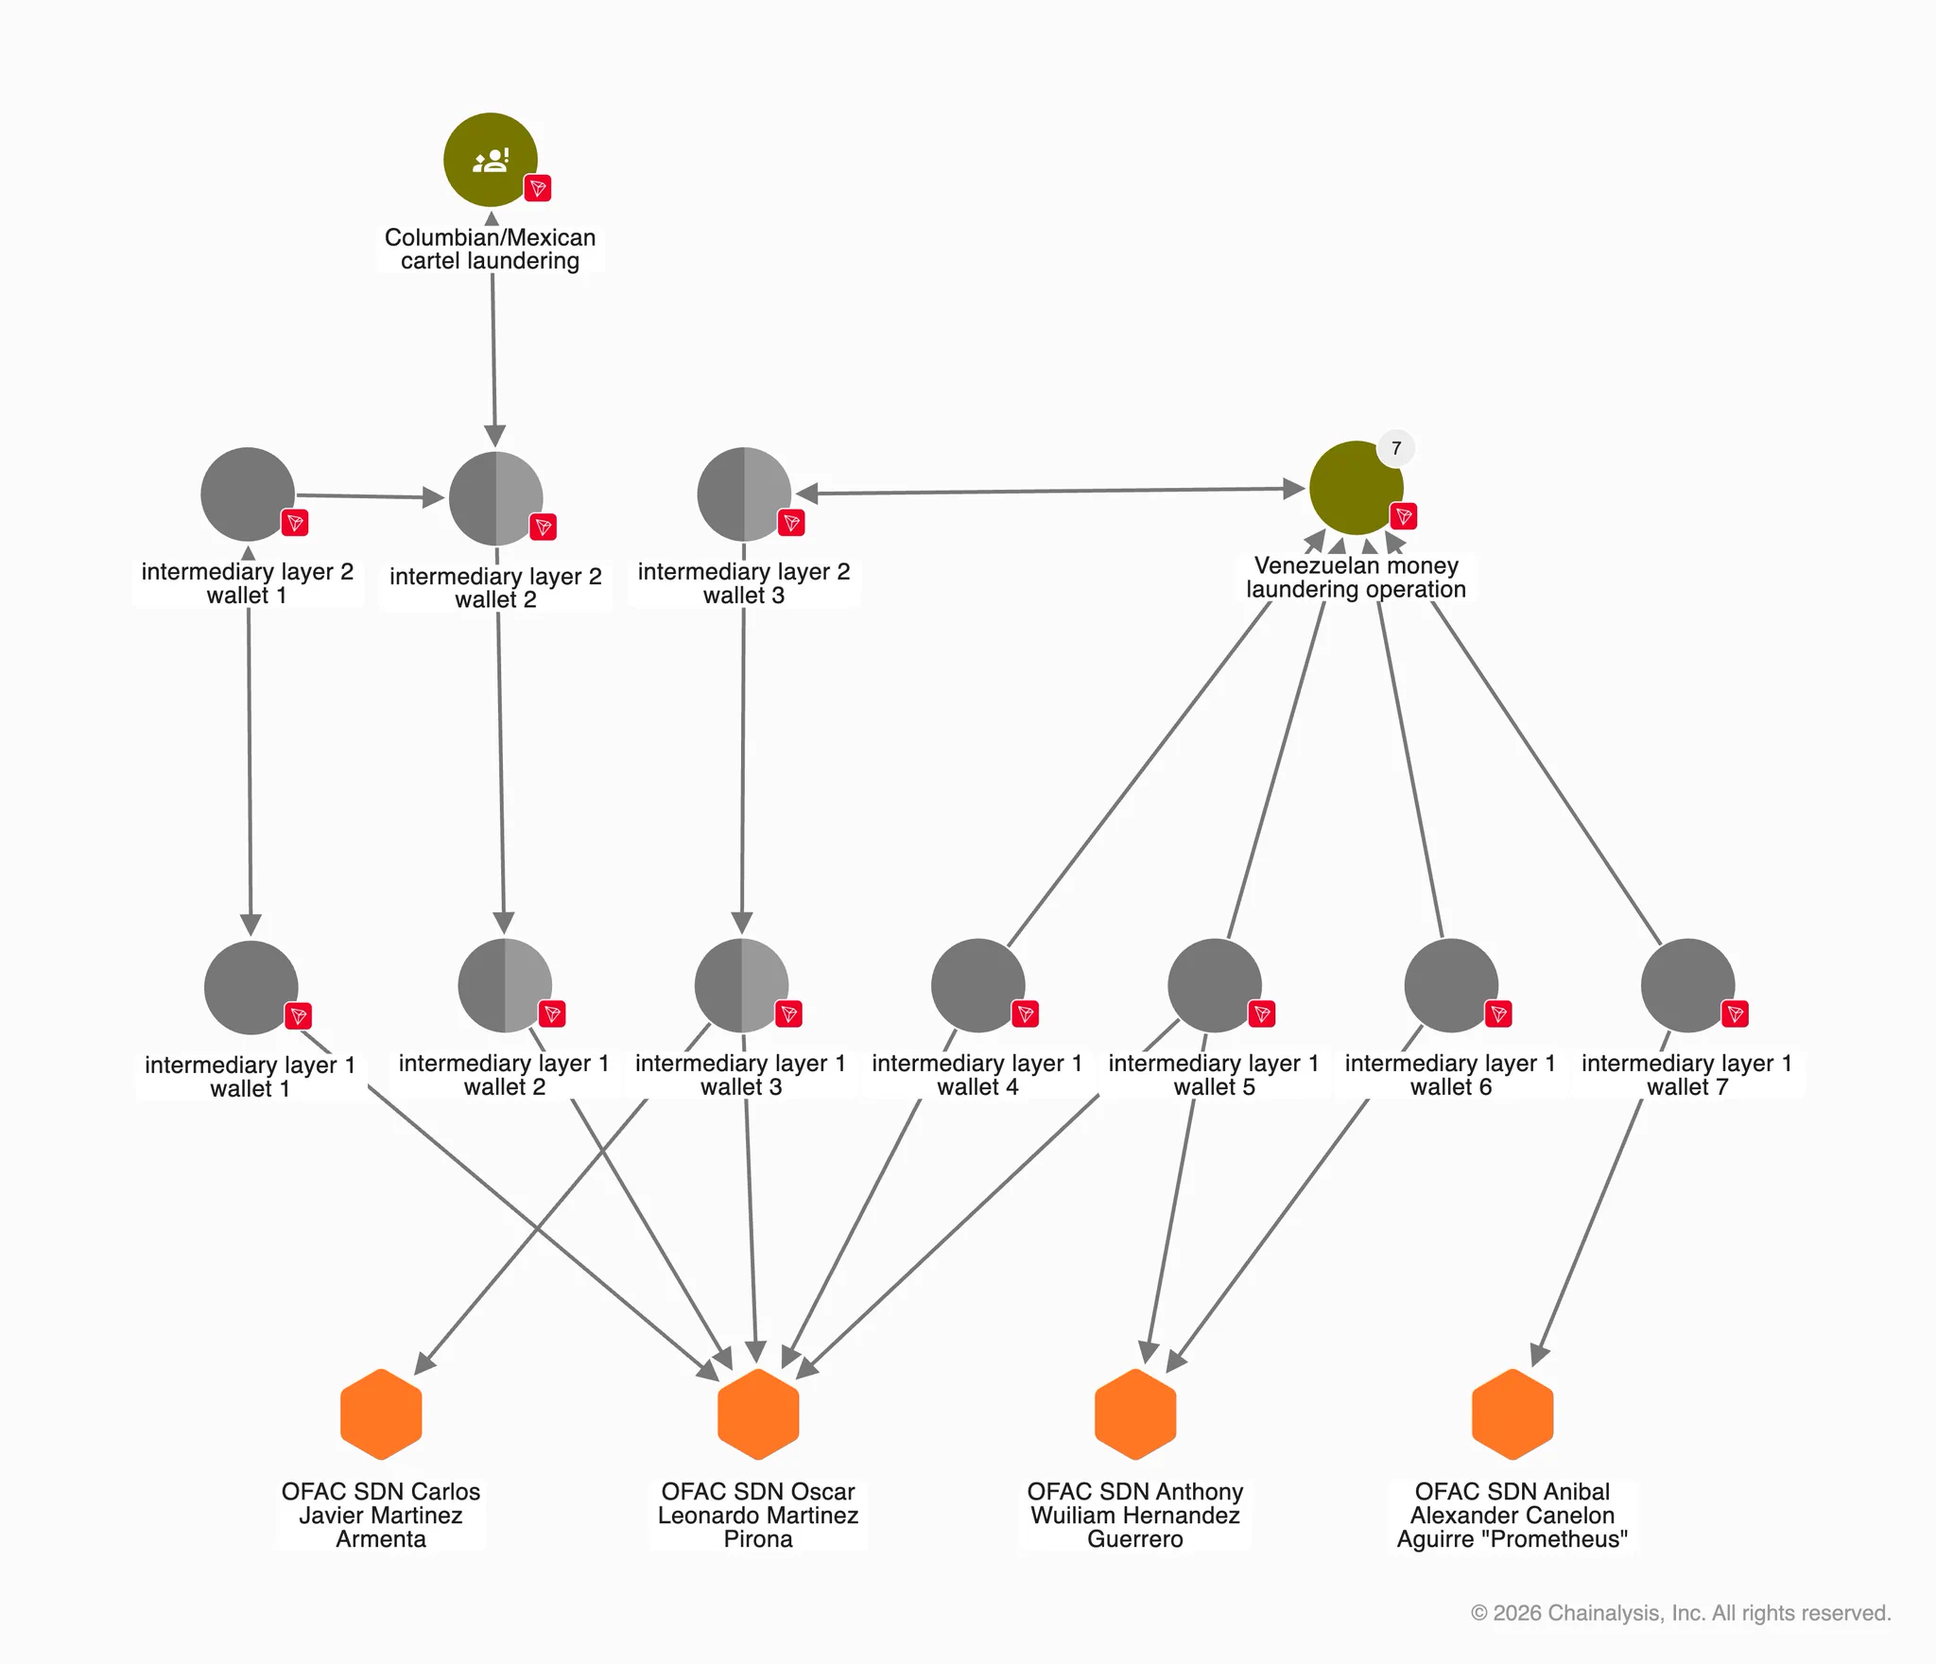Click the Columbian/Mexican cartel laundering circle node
click(491, 160)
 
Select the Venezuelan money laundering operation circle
click(1357, 488)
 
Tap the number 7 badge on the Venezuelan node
click(1396, 448)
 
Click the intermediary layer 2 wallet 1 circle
click(248, 494)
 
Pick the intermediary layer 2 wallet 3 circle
click(744, 494)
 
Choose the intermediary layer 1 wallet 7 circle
click(1687, 985)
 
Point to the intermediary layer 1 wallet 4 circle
click(978, 985)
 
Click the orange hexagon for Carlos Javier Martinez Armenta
click(381, 1414)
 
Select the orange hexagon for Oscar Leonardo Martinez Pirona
click(758, 1414)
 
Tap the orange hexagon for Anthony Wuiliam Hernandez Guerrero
click(1135, 1414)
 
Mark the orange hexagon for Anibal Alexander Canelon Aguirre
click(1512, 1414)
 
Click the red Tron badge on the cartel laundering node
click(538, 188)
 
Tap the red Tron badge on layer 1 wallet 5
click(1262, 1014)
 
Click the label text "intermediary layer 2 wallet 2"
click(495, 588)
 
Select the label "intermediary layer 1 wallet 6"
click(1450, 1075)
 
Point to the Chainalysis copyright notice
click(1681, 1613)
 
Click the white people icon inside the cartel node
click(491, 160)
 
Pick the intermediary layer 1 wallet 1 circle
click(251, 987)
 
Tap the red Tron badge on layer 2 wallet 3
click(791, 523)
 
